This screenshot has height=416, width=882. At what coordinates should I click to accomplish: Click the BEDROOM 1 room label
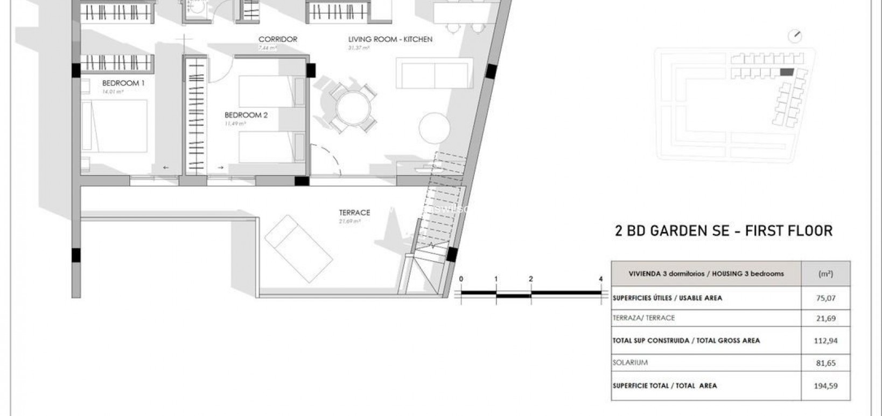[123, 83]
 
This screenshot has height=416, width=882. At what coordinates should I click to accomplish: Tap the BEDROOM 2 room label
[246, 115]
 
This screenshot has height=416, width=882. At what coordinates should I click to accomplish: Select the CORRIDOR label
[278, 39]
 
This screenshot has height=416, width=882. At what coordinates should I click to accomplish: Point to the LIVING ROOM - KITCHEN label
[390, 39]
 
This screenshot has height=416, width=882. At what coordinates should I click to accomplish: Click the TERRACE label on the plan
[354, 213]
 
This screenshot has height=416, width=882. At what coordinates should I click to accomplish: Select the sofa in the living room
[434, 74]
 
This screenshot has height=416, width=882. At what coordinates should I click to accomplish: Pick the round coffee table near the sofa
[435, 128]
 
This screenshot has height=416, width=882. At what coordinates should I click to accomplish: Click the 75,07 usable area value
[826, 298]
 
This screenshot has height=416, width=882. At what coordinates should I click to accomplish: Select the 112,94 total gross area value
[826, 341]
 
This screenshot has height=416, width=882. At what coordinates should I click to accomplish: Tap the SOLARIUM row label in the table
[630, 363]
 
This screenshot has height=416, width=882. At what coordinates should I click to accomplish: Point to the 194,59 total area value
[826, 386]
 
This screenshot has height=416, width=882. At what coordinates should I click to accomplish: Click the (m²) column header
[825, 274]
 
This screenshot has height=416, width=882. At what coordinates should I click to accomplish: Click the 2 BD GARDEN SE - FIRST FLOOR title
[724, 231]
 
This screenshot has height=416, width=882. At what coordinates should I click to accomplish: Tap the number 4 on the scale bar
[600, 279]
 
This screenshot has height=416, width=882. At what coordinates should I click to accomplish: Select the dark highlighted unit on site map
[787, 72]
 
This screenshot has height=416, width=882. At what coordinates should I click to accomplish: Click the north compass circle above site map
[794, 37]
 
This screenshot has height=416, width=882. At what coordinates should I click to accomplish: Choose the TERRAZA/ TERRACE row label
[643, 318]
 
